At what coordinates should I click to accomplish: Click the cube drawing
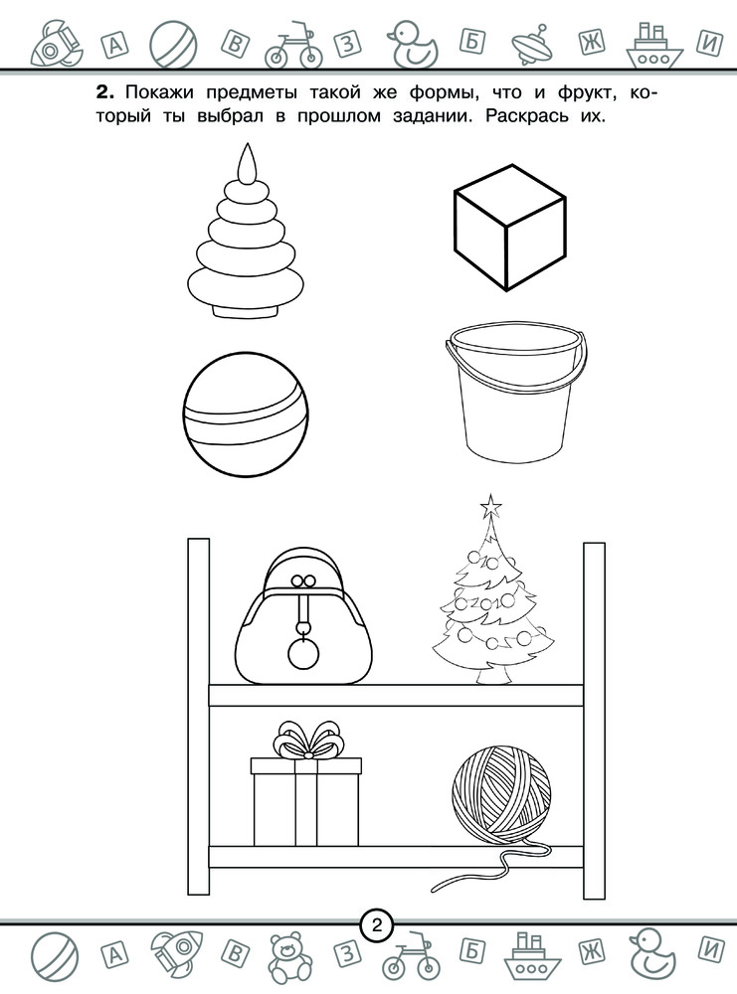pos(509,227)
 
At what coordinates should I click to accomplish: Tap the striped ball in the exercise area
pos(246,414)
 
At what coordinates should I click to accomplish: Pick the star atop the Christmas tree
pos(491,505)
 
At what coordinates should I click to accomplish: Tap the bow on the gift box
pos(307,740)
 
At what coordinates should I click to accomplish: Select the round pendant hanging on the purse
pos(301,654)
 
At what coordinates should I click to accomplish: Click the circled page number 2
pos(377,926)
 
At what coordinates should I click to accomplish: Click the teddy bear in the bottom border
pos(289,954)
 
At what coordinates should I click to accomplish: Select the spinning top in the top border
pos(535,46)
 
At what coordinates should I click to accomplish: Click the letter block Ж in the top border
pos(592,43)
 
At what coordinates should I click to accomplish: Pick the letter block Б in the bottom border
pos(471,951)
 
